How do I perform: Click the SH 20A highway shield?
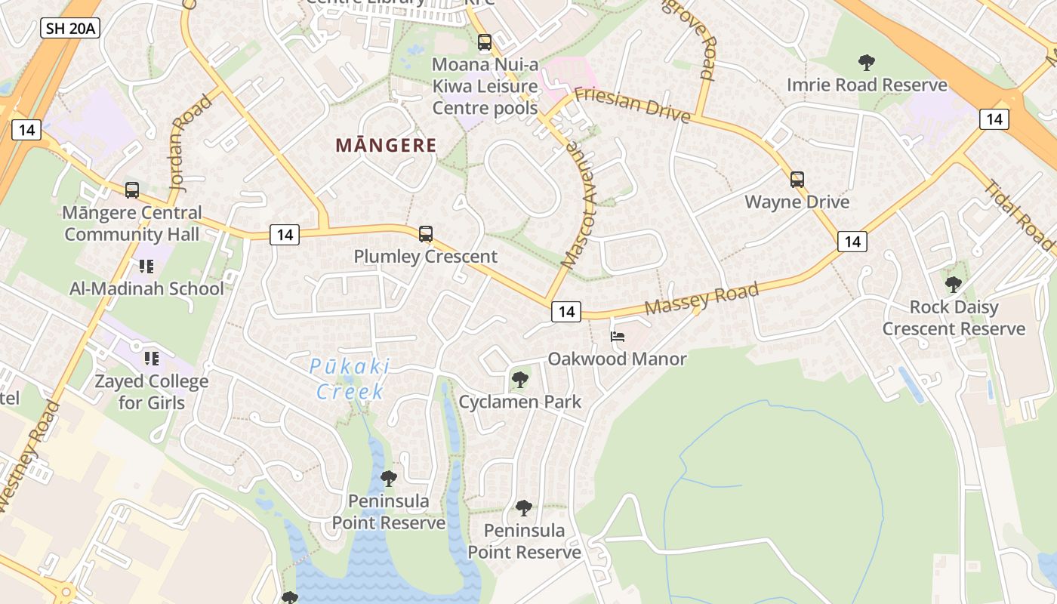point(69,29)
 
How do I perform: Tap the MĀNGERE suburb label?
point(386,146)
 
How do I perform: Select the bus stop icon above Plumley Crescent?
point(426,234)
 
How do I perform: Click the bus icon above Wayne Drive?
point(797,180)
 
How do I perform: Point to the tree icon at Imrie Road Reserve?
point(867,63)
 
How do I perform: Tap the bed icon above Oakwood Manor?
point(618,337)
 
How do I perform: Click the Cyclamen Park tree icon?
point(519,380)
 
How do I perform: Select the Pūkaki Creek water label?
point(350,379)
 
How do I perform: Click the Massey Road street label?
point(701,299)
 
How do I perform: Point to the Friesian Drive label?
point(633,105)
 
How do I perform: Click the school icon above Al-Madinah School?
point(146,266)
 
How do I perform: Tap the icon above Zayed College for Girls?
point(151,358)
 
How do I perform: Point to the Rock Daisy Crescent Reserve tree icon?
point(954,285)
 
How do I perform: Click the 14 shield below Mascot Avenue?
point(566,311)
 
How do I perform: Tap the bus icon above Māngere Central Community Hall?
point(132,190)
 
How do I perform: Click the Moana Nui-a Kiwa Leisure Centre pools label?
point(485,86)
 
